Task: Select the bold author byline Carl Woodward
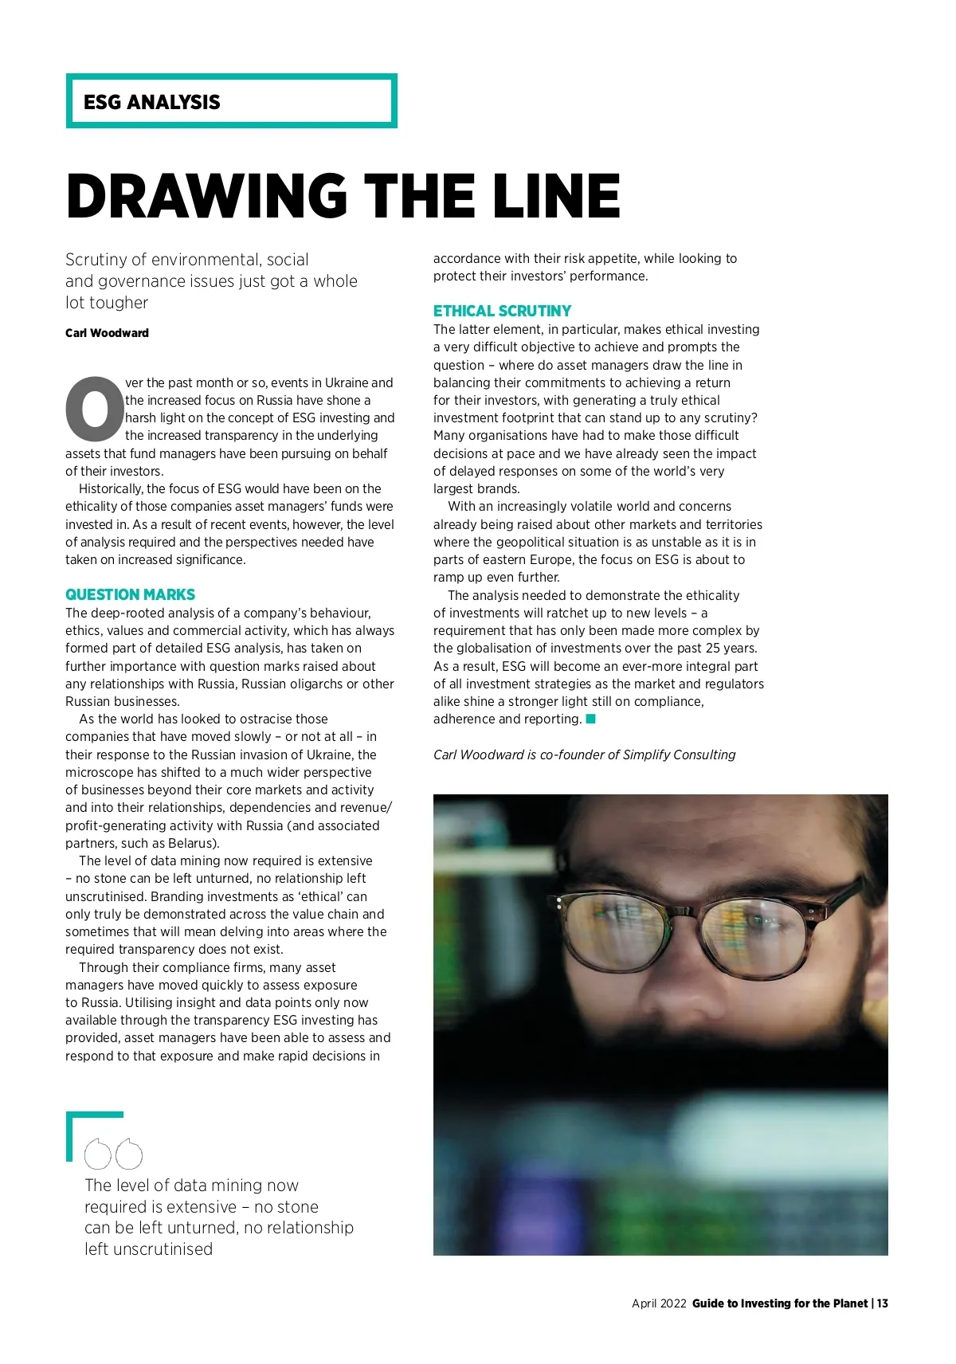tap(107, 333)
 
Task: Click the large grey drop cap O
tap(95, 409)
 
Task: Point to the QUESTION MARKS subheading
tap(130, 594)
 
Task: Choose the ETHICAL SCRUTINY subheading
tap(502, 311)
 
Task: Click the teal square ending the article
tap(591, 719)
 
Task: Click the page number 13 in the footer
tap(882, 1303)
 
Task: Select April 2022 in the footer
tap(659, 1303)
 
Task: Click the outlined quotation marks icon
tap(114, 1154)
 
